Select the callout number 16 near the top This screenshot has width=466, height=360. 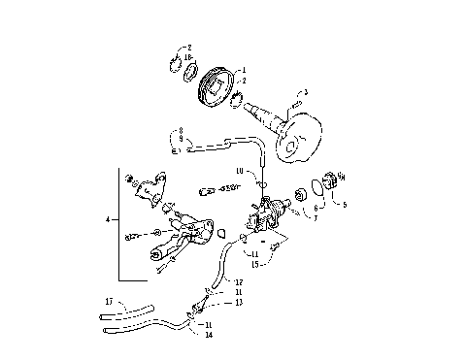tap(188, 58)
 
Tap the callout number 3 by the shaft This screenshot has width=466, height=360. tap(306, 93)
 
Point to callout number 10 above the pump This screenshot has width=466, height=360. tap(238, 171)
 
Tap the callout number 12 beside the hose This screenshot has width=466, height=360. tap(239, 281)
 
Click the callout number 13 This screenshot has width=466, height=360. tap(239, 302)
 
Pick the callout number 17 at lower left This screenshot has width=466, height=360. tap(110, 302)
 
